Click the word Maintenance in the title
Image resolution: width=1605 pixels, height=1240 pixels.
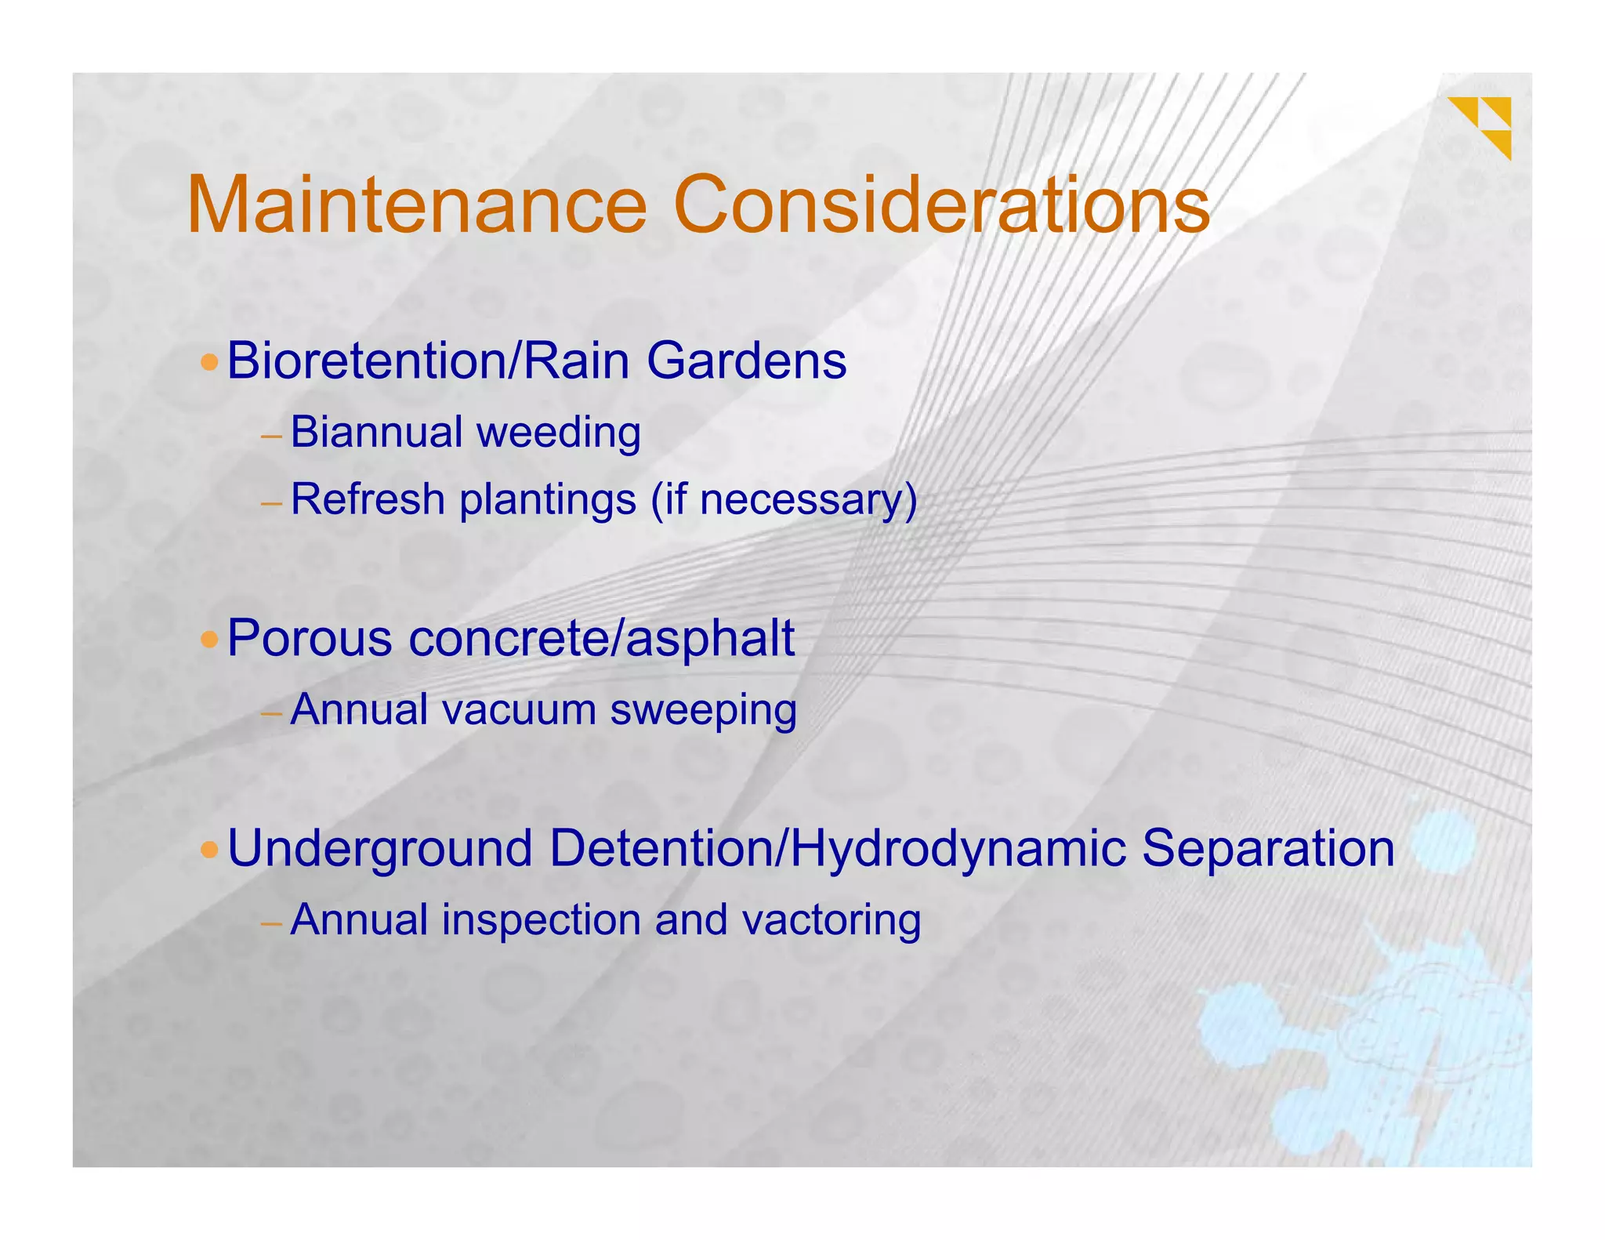tap(417, 205)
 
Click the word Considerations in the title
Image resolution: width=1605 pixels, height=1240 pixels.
tap(941, 205)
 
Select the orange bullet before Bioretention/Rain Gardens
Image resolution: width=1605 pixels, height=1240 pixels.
tap(209, 363)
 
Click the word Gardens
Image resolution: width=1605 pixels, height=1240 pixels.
tap(746, 362)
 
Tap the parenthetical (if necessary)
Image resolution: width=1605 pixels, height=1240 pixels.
tap(784, 501)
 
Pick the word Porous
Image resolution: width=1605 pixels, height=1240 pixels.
tap(310, 639)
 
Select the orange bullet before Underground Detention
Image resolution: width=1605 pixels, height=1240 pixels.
tap(209, 850)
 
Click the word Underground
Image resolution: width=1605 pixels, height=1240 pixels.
tap(380, 850)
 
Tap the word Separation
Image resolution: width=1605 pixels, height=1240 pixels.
tap(1268, 848)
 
